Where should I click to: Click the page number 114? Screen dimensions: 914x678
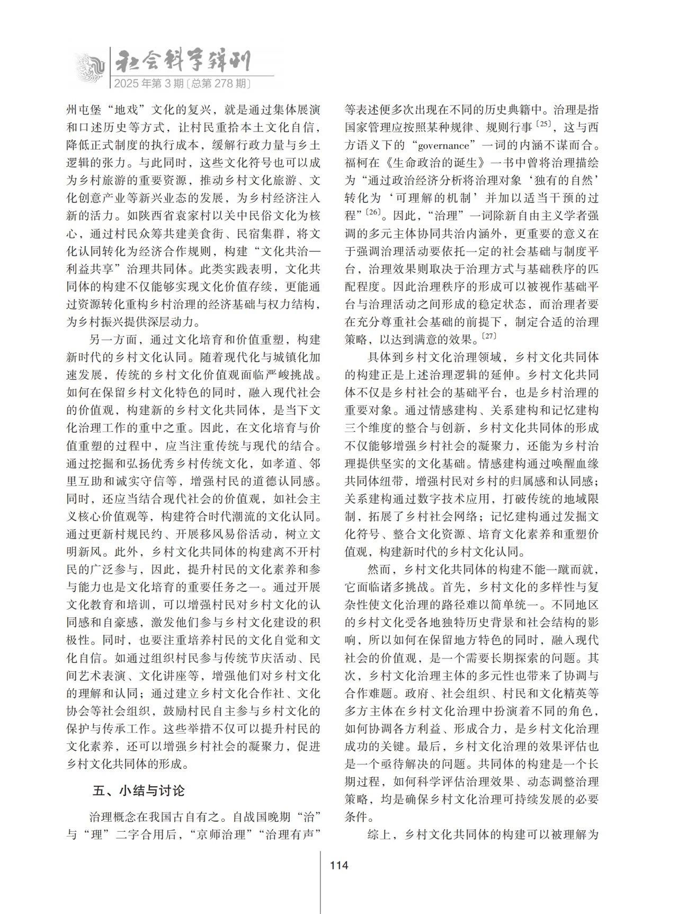tap(338, 866)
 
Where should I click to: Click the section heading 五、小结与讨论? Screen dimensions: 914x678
tap(139, 790)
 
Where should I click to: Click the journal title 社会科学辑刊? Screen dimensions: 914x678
tap(183, 62)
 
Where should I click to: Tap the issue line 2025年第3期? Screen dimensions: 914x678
tap(149, 83)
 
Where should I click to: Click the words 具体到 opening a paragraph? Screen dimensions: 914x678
tap(386, 357)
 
